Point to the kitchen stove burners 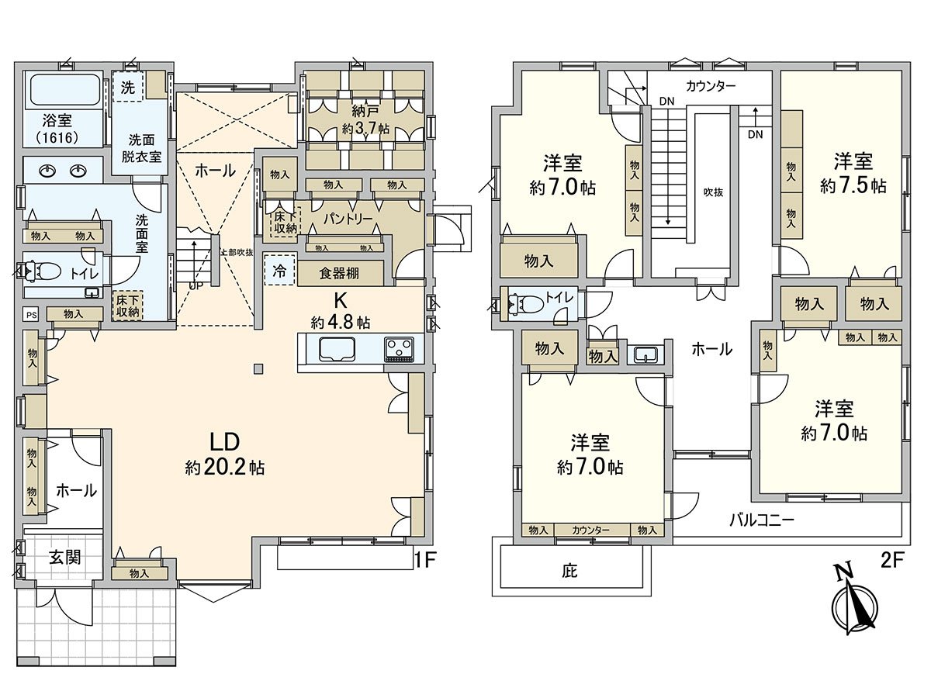(400, 349)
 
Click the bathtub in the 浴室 (64, 92)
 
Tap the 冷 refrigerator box (279, 271)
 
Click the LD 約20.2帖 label (224, 454)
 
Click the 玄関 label (65, 558)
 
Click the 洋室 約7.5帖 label (853, 173)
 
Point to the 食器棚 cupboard (340, 273)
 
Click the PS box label (31, 314)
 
